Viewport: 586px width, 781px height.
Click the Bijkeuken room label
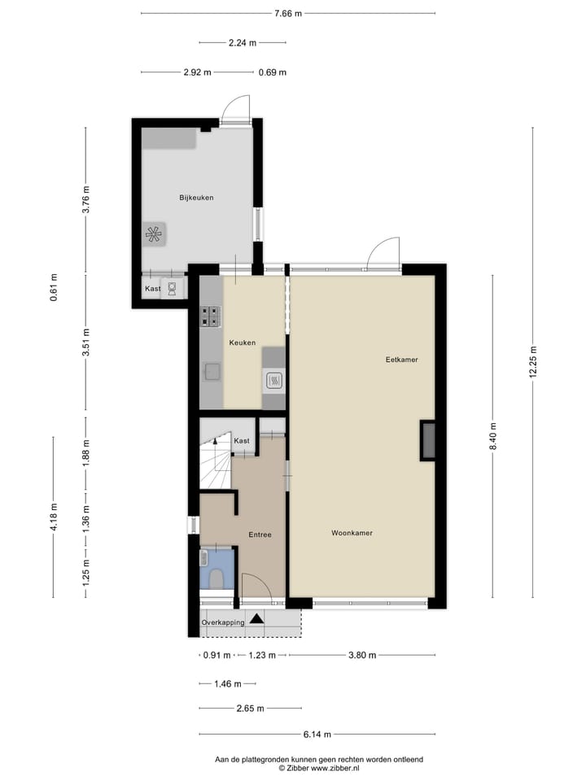(196, 198)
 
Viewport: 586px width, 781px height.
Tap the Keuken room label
(242, 343)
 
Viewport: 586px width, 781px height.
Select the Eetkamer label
(401, 359)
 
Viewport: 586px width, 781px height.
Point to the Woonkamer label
(352, 533)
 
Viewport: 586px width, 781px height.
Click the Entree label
(260, 534)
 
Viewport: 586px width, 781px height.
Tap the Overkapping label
(224, 622)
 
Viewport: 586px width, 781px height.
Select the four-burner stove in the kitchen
(211, 316)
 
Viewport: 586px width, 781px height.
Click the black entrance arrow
(257, 619)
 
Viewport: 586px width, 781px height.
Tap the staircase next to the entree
(215, 464)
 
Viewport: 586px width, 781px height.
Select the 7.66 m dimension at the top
(287, 13)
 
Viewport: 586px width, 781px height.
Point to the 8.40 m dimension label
(493, 436)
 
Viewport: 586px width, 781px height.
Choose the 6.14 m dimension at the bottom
(317, 734)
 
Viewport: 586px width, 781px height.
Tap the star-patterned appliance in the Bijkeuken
(154, 234)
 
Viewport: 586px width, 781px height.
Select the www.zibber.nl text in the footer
(335, 767)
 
